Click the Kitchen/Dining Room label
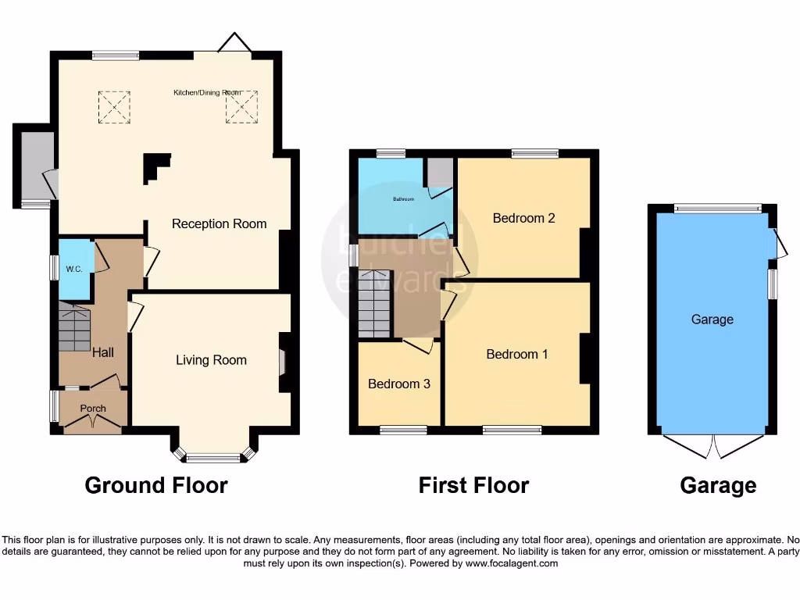point(207,92)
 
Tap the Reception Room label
point(219,224)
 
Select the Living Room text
point(211,360)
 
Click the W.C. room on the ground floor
point(74,269)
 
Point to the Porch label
point(93,409)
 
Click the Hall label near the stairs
point(103,353)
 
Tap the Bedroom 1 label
point(517,355)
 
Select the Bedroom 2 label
point(523,219)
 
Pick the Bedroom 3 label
point(399,384)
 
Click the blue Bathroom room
point(402,198)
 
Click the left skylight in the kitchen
point(114,107)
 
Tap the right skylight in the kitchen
point(241,107)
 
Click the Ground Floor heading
point(156,485)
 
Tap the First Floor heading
point(473,485)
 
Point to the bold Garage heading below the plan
point(718,485)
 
